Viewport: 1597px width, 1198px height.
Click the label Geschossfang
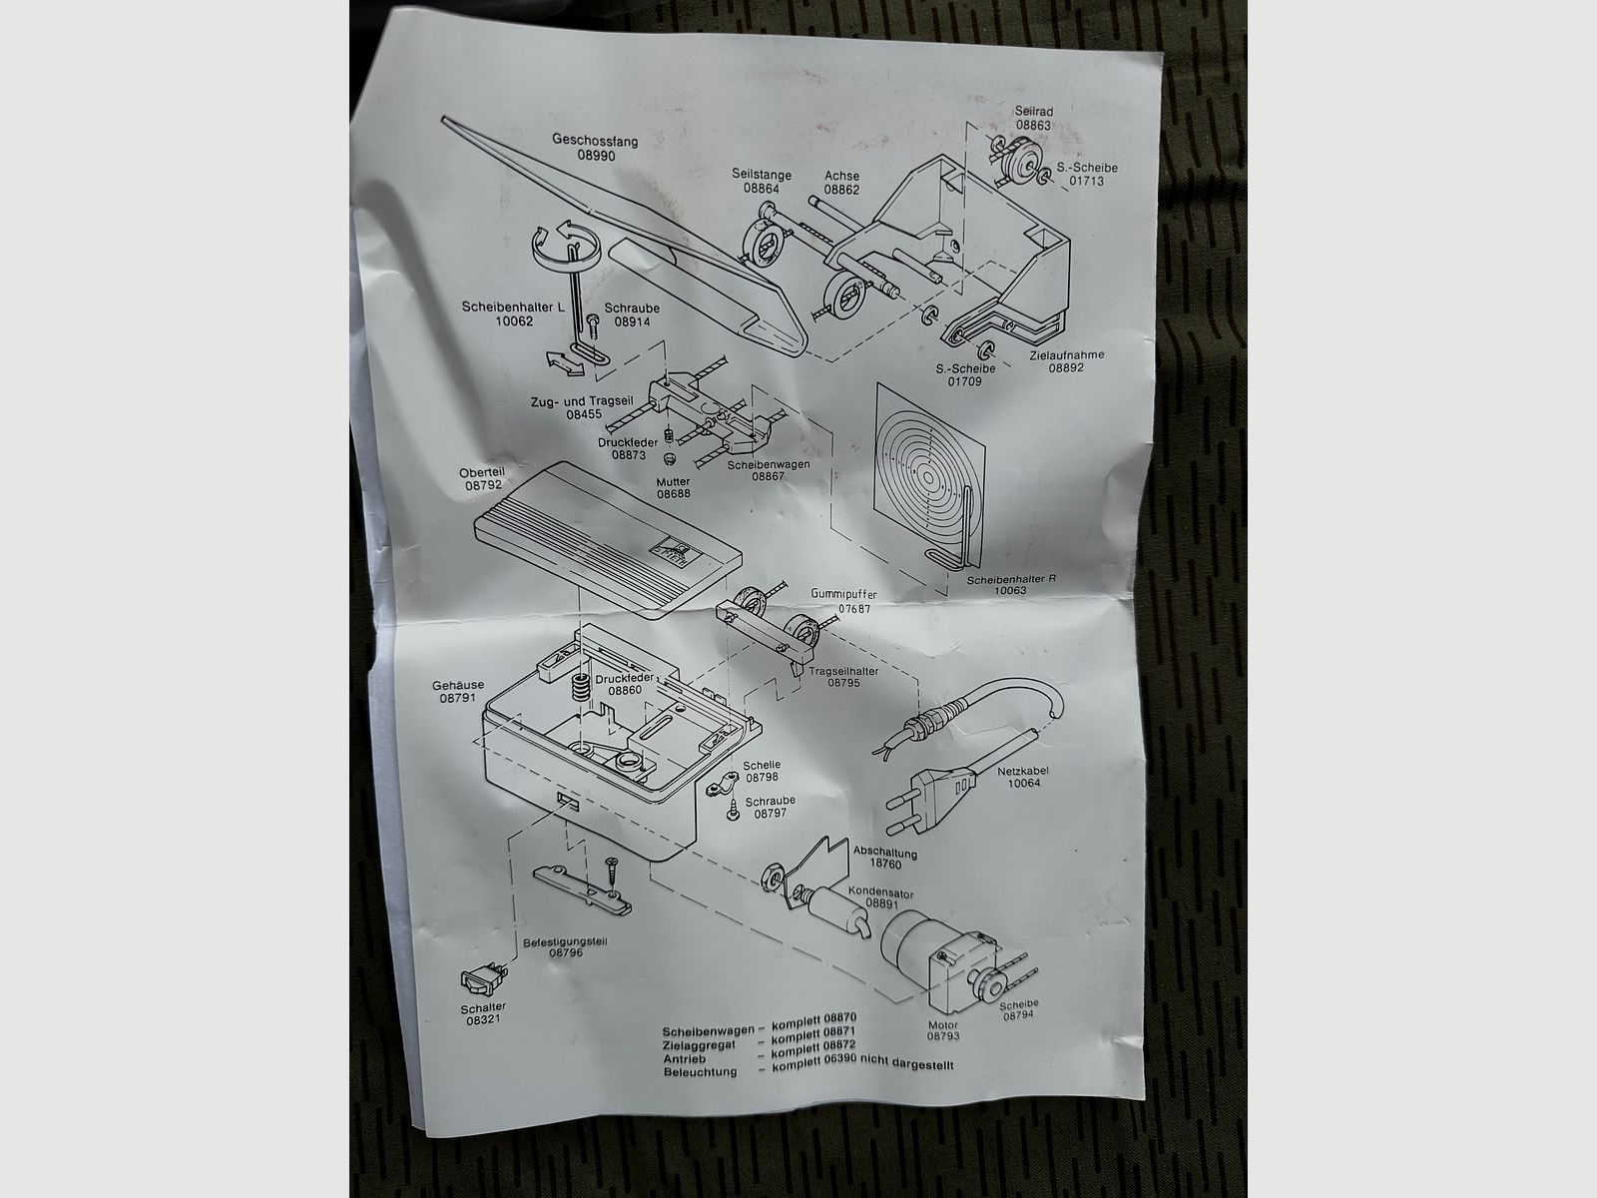[595, 140]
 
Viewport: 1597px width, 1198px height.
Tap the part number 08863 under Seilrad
[1033, 125]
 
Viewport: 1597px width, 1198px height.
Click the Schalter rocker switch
[483, 980]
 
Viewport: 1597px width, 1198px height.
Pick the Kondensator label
[880, 892]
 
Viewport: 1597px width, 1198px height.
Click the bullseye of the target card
[929, 478]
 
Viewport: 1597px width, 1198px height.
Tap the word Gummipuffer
[844, 594]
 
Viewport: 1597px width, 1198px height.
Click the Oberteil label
[482, 473]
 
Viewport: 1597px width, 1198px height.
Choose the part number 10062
[514, 320]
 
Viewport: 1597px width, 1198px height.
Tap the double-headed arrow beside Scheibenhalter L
[565, 363]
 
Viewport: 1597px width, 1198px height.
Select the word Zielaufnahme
[1067, 355]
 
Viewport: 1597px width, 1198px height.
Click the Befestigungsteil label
[565, 941]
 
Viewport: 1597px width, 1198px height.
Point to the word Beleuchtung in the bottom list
[700, 1072]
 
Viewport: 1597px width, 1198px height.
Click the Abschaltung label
[884, 852]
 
